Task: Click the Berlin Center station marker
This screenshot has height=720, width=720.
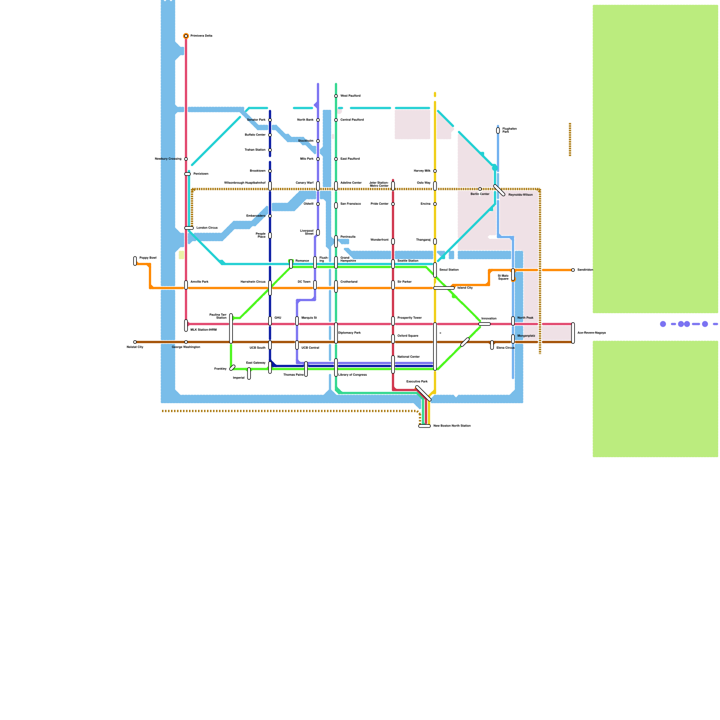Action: click(480, 189)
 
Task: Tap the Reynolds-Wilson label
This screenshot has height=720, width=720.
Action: click(520, 195)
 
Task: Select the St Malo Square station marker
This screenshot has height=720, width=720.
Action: click(513, 274)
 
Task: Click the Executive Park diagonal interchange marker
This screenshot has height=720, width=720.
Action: click(423, 393)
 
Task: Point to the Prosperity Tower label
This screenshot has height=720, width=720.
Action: click(409, 318)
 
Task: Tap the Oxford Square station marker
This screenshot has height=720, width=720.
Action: click(393, 339)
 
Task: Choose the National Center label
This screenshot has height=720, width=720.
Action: click(408, 357)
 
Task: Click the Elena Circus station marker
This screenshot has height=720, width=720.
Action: click(492, 345)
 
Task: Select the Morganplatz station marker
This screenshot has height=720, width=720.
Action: click(513, 339)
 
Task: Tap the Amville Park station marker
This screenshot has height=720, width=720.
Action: click(186, 285)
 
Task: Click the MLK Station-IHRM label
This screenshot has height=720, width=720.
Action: click(203, 330)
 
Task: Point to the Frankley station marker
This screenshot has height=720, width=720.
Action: click(232, 368)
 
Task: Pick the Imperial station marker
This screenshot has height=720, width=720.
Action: click(249, 373)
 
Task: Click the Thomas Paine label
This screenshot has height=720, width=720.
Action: click(293, 375)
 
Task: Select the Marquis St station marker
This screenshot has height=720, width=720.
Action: click(297, 321)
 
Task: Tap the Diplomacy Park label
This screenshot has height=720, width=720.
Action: click(349, 333)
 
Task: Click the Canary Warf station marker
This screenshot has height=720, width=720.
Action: click(318, 186)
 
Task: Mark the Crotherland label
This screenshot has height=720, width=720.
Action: click(349, 282)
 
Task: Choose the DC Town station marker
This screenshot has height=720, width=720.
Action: click(315, 285)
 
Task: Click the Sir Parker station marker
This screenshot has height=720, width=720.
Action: click(393, 285)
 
